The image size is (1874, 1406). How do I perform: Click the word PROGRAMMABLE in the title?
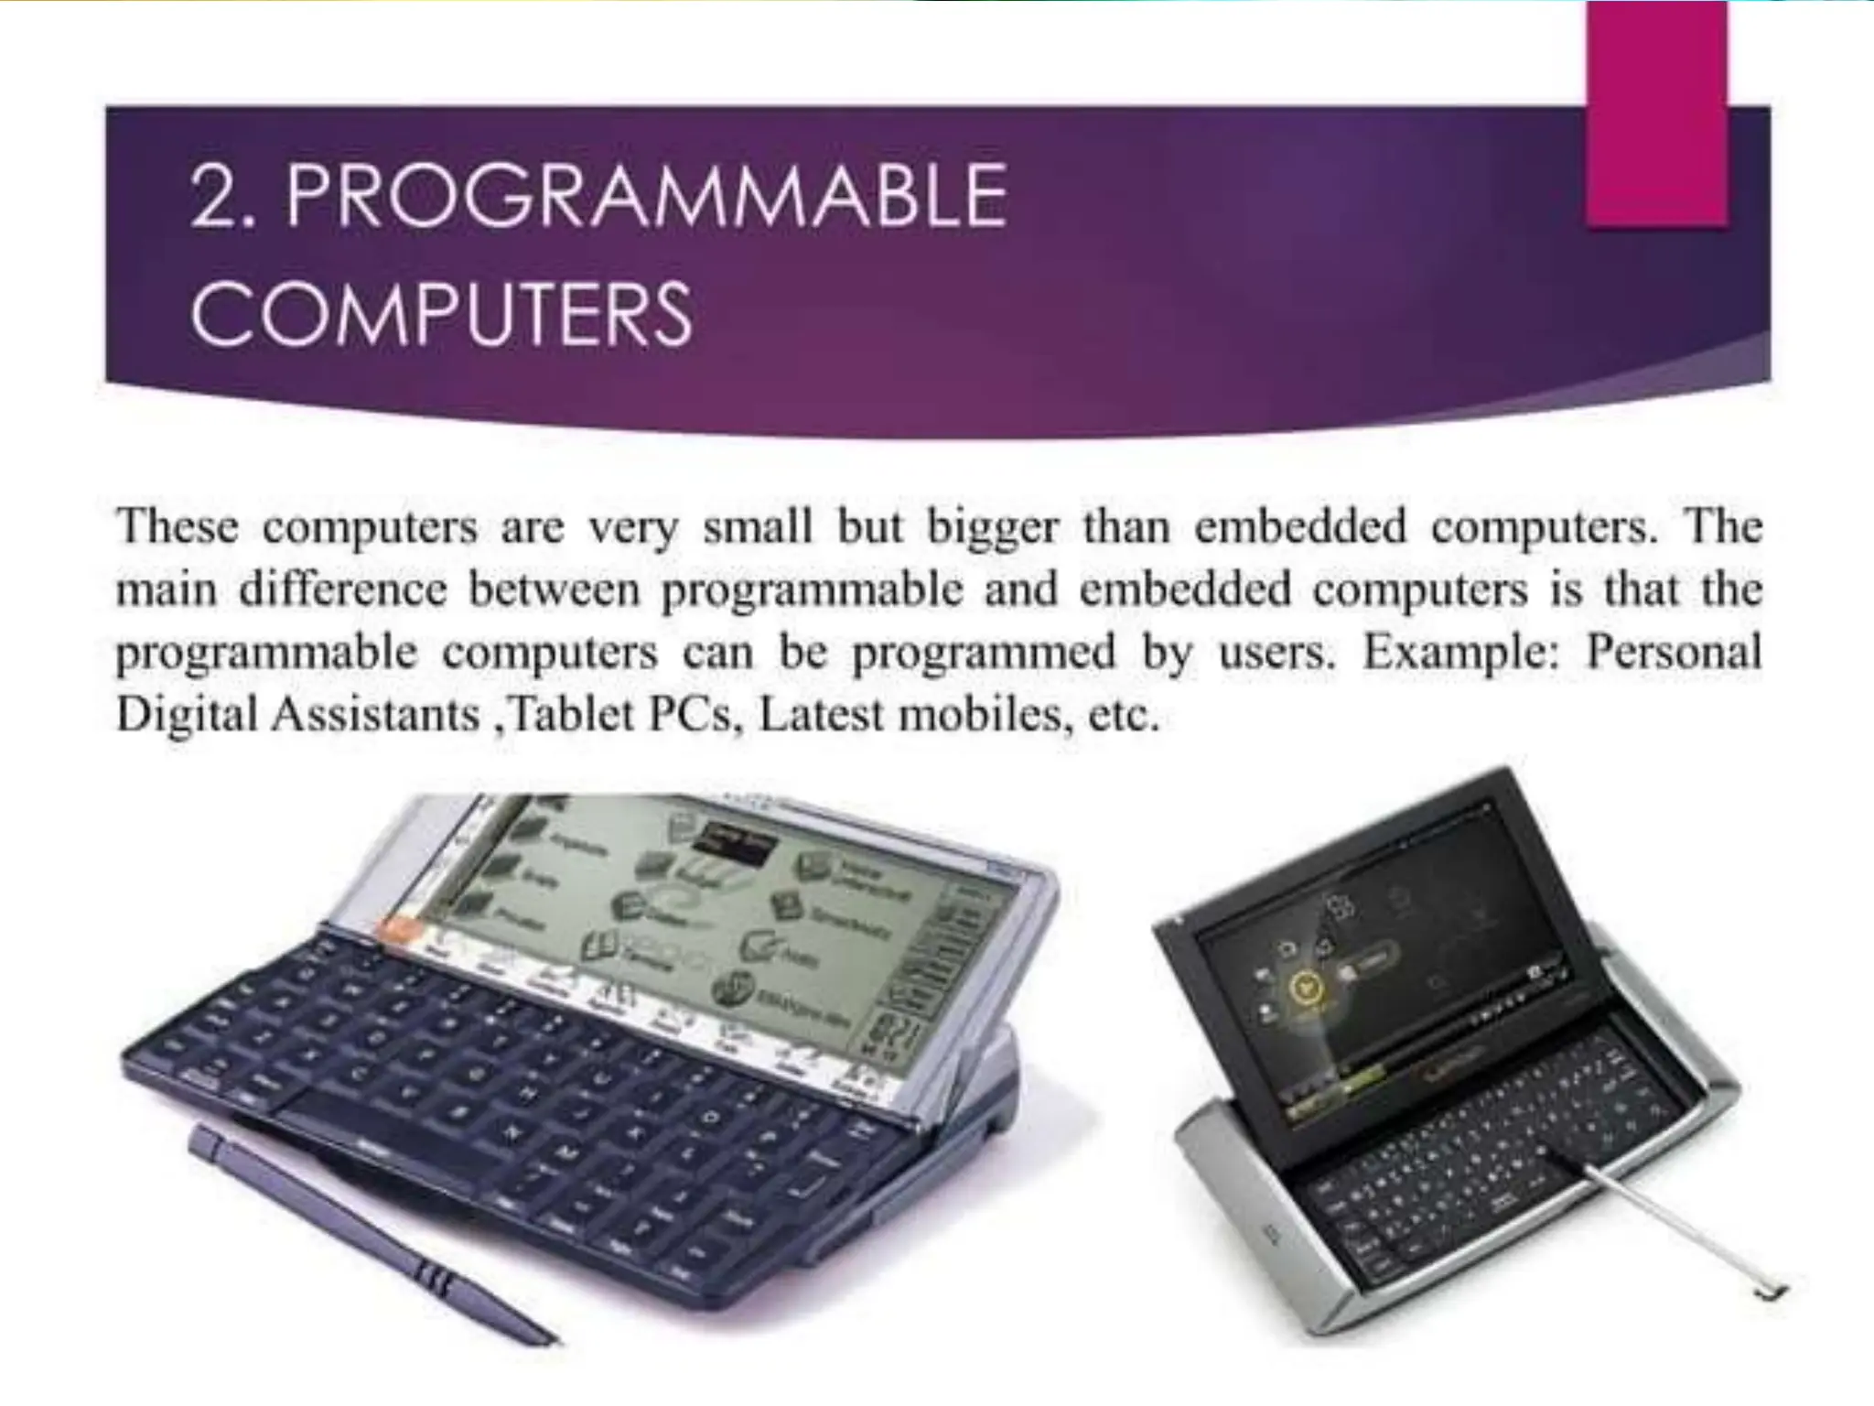[x=646, y=196]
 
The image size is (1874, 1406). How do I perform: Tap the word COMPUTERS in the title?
[x=441, y=313]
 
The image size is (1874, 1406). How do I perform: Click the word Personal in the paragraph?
[x=1674, y=652]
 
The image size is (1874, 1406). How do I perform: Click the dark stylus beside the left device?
[x=366, y=1236]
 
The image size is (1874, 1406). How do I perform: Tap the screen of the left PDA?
[x=695, y=934]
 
